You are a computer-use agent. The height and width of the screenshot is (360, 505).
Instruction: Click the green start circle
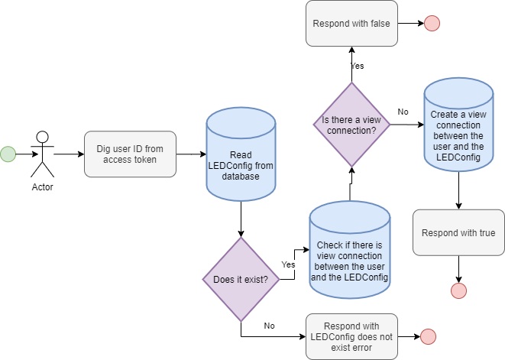8,154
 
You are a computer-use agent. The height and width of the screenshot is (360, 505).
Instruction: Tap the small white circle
43,137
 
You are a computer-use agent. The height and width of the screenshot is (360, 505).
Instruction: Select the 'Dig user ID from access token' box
130,154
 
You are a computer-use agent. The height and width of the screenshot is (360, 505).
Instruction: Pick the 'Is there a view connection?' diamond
351,125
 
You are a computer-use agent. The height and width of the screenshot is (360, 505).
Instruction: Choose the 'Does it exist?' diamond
241,279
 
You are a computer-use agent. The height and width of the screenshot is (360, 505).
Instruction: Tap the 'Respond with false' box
351,23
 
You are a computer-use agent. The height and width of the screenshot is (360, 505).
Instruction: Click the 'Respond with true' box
458,233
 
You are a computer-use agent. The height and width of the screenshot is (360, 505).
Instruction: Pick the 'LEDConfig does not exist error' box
351,336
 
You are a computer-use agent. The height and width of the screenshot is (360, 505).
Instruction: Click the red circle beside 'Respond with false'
432,24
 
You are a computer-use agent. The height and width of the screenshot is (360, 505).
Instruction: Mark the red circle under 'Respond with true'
458,290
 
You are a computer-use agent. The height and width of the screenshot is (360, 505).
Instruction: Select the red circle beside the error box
428,336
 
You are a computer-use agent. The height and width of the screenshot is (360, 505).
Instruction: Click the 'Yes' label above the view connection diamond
357,66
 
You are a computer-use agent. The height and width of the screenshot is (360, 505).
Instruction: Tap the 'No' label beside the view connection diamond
403,112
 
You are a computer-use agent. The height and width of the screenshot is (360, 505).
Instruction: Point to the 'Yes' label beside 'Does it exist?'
288,264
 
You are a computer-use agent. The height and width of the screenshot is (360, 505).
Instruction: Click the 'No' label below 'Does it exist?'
269,326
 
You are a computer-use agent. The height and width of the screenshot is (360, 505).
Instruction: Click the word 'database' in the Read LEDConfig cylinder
241,177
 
